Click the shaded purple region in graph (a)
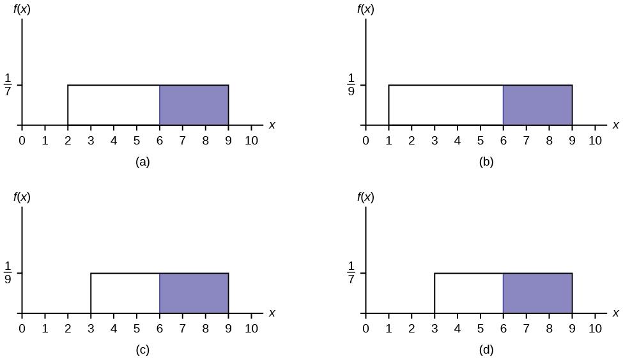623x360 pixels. coord(194,105)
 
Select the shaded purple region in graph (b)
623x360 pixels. coord(537,105)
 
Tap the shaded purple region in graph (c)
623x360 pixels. coord(194,293)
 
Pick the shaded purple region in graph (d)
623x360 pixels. coord(537,293)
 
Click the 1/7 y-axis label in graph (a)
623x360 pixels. coord(8,84)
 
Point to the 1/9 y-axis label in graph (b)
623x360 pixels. coord(351,84)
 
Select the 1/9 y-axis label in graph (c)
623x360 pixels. coord(8,272)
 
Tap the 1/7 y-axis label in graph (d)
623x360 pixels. coord(351,272)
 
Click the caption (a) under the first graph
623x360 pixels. coord(142,162)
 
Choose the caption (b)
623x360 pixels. coord(486,162)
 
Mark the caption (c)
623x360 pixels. coord(142,350)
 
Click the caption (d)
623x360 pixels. coord(486,350)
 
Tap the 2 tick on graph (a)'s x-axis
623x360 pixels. coord(68,140)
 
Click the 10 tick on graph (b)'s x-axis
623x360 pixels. coord(595,140)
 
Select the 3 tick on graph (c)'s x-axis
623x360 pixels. coord(91,328)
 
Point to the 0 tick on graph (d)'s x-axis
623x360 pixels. coord(365,328)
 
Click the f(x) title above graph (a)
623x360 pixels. coord(24,9)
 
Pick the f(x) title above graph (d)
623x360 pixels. coord(367,197)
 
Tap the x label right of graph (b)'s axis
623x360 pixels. coord(615,125)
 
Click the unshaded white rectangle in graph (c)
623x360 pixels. coord(125,293)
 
